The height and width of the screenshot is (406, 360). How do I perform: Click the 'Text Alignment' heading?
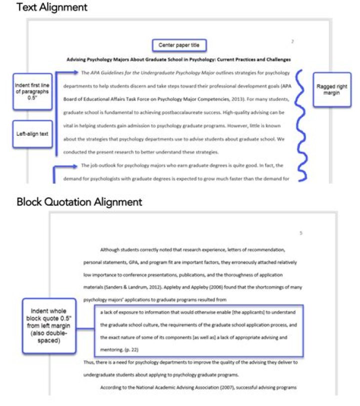(x=51, y=7)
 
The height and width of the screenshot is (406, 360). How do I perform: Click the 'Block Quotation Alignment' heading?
(x=79, y=202)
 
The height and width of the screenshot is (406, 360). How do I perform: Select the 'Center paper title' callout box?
(x=178, y=45)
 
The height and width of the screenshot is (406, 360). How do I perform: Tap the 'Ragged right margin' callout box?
(x=331, y=89)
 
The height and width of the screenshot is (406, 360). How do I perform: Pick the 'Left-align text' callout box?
(x=32, y=133)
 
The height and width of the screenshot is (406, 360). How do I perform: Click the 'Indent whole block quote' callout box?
(x=49, y=325)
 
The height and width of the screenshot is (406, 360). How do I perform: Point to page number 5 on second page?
(x=300, y=233)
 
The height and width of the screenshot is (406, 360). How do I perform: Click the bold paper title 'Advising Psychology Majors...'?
(x=178, y=59)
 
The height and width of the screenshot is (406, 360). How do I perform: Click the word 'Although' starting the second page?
(x=110, y=249)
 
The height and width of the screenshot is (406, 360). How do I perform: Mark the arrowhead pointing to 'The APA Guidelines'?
(x=75, y=72)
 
